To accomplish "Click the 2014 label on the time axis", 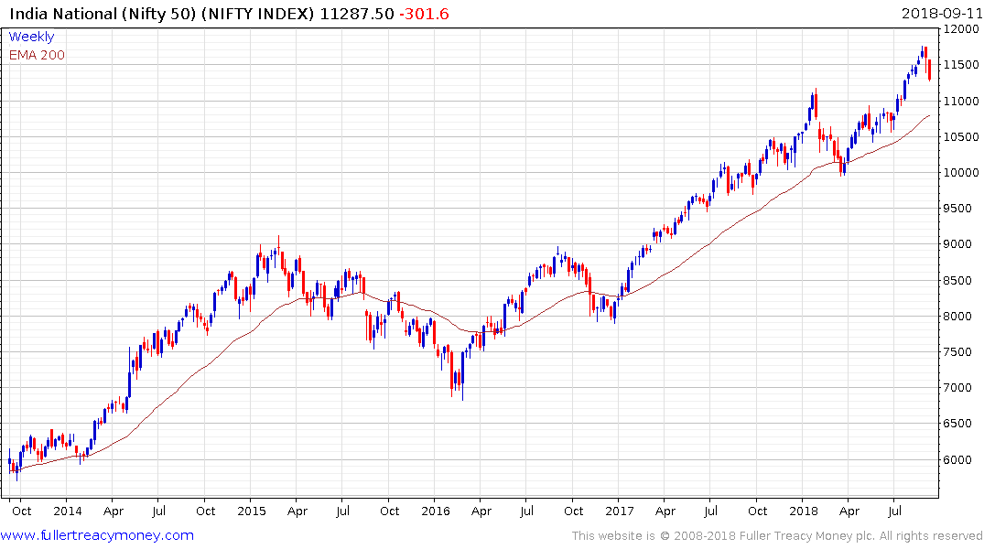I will tap(67, 511).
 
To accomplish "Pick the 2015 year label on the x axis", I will tap(251, 511).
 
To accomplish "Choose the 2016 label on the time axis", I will tap(435, 511).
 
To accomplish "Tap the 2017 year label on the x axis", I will tap(619, 511).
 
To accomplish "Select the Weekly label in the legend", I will tap(31, 38).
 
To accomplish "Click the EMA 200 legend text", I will tap(37, 55).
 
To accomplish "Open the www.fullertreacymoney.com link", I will tap(98, 535).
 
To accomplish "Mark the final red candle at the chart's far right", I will tap(930, 70).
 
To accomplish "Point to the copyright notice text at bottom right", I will tap(777, 536).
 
